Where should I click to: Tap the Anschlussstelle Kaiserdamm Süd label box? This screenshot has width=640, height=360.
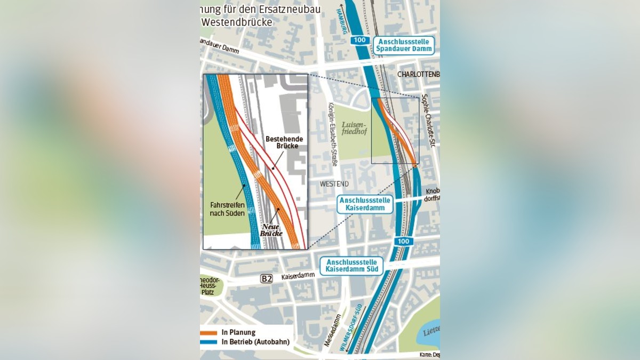[351, 266]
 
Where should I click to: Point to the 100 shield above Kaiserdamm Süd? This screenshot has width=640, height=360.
[403, 242]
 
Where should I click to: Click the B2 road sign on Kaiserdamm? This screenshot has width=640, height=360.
[267, 278]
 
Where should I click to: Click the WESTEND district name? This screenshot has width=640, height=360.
[334, 184]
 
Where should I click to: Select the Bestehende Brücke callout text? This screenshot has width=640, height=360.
[284, 142]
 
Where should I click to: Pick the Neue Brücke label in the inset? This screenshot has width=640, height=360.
[271, 230]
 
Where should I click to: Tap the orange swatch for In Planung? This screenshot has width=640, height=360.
[209, 332]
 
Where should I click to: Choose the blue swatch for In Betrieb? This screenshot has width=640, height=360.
[209, 342]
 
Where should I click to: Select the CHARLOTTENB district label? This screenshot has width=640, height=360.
[419, 74]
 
